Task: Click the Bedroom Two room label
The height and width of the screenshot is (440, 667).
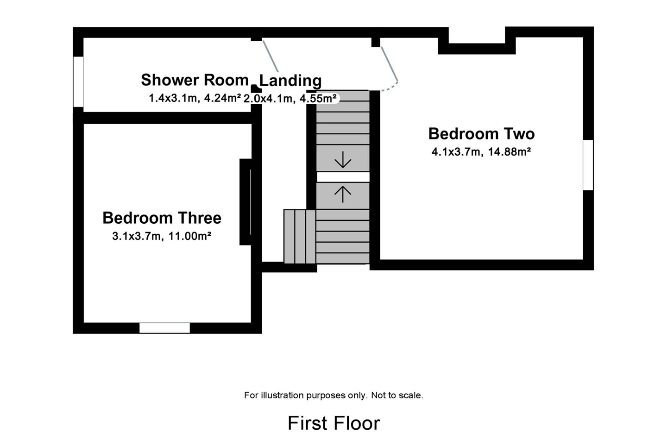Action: pyautogui.click(x=481, y=134)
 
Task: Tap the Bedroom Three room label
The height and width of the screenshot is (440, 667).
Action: pyautogui.click(x=162, y=218)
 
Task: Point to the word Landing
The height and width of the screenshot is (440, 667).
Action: pyautogui.click(x=290, y=81)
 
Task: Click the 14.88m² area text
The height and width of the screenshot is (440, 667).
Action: pyautogui.click(x=510, y=152)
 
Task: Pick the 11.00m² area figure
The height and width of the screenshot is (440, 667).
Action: pyautogui.click(x=190, y=236)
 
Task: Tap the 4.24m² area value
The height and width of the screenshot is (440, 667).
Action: pyautogui.click(x=222, y=98)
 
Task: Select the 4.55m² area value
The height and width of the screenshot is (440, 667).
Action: pyautogui.click(x=318, y=98)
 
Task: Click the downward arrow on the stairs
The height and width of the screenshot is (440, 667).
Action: pyautogui.click(x=343, y=160)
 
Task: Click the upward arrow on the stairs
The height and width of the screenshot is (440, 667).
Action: pyautogui.click(x=343, y=195)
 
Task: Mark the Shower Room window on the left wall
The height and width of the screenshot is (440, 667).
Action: pyautogui.click(x=78, y=82)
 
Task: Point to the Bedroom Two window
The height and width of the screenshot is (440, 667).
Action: pyautogui.click(x=588, y=165)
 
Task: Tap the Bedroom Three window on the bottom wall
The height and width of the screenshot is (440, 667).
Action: pyautogui.click(x=165, y=328)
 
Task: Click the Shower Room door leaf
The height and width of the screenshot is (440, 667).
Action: pyautogui.click(x=271, y=56)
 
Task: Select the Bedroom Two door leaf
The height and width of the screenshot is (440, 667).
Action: pyautogui.click(x=390, y=64)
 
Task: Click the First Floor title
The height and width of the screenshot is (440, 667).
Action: pyautogui.click(x=334, y=423)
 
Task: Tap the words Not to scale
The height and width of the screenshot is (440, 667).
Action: pyautogui.click(x=397, y=396)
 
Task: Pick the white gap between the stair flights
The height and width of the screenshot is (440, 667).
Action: pyautogui.click(x=343, y=177)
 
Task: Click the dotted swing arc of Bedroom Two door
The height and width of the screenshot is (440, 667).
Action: pyautogui.click(x=390, y=87)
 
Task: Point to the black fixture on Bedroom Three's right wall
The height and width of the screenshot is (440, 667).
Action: pyautogui.click(x=245, y=202)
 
